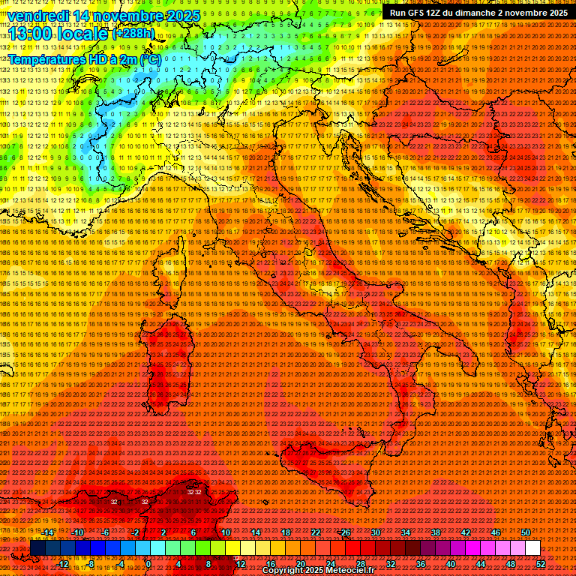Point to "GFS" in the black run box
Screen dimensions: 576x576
[x=420, y=13]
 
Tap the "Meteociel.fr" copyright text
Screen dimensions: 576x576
[x=350, y=571]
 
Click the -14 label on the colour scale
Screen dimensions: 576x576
[x=49, y=532]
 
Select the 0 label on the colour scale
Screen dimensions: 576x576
[x=148, y=563]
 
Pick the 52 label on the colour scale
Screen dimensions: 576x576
[x=540, y=563]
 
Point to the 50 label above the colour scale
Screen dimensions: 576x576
[x=526, y=532]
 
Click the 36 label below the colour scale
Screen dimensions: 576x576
[x=420, y=563]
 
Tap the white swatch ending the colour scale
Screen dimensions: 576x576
[x=532, y=548]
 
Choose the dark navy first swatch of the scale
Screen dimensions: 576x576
[x=37, y=548]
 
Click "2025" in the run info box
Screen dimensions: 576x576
[x=556, y=13]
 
